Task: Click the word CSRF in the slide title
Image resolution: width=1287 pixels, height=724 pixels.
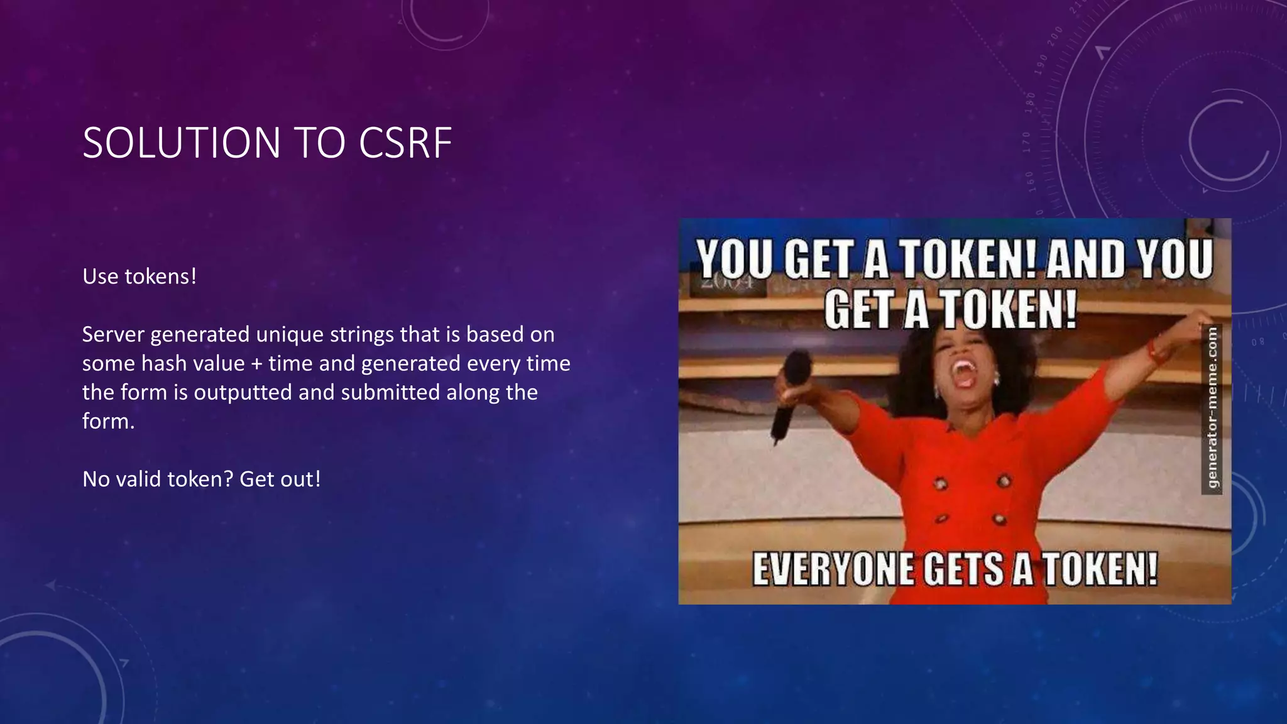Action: click(405, 143)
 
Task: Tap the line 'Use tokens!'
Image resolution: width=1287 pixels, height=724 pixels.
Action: click(140, 277)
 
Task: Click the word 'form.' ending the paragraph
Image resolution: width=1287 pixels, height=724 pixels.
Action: click(108, 421)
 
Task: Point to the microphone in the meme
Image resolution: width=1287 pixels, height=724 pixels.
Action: click(791, 390)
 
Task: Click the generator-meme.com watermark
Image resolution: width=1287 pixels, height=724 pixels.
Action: click(1212, 407)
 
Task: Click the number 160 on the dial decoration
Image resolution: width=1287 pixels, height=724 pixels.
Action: click(1030, 178)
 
